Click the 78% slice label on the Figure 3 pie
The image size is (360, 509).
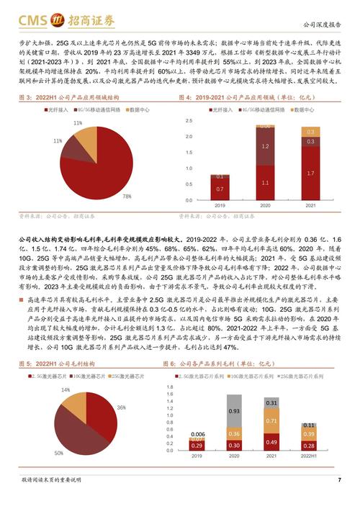click(127, 196)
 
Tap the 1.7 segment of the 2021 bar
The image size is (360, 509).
click(310, 174)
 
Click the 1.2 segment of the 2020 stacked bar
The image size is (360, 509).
click(265, 146)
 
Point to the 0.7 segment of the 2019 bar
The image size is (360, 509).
click(220, 189)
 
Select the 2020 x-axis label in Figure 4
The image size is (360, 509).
click(265, 205)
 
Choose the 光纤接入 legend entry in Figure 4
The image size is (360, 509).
click(220, 110)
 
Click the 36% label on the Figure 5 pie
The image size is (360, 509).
click(121, 408)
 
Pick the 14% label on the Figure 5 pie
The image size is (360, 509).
click(66, 389)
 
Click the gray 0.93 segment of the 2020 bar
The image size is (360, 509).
click(235, 411)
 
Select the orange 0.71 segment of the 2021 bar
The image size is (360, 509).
click(271, 420)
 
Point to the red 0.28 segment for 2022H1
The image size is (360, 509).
click(307, 445)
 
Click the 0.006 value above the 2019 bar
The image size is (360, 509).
click(197, 434)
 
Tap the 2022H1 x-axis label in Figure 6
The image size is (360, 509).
click(307, 456)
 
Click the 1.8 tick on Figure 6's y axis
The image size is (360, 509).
click(170, 387)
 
